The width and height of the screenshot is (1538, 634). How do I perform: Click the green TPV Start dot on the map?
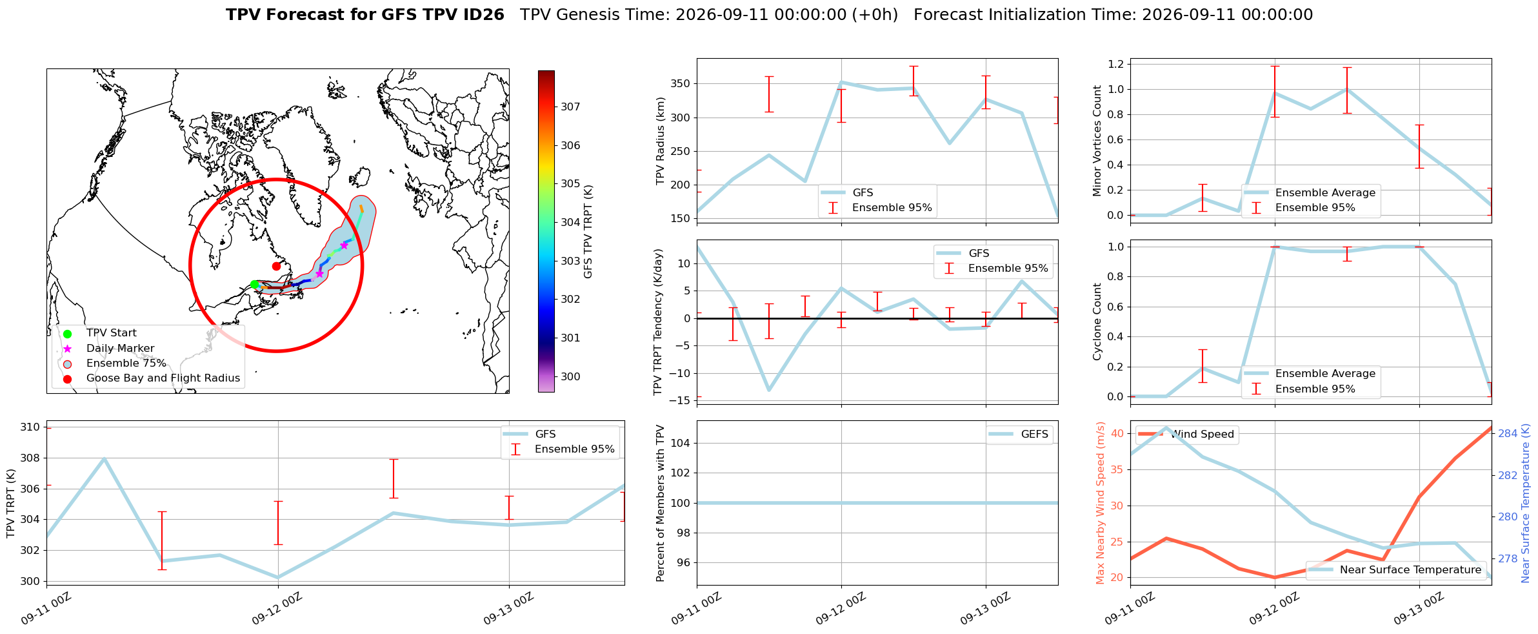coord(254,285)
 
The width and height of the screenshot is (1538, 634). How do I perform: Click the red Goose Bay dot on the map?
coord(276,266)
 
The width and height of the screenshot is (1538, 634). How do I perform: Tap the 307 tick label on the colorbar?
coord(570,107)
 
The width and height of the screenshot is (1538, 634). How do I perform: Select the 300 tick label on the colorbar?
coord(570,377)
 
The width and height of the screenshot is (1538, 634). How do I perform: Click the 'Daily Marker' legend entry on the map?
coord(120,349)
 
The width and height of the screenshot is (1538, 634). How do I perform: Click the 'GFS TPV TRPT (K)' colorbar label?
coord(588,232)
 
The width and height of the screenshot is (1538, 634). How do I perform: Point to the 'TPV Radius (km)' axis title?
coord(660,141)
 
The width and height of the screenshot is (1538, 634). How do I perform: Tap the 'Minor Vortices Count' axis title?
coord(1097,141)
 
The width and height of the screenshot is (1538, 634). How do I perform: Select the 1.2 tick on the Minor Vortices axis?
coord(1115,64)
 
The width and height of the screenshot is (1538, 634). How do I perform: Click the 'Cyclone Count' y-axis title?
coord(1097,322)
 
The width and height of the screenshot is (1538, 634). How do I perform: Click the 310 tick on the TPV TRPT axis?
coord(30,427)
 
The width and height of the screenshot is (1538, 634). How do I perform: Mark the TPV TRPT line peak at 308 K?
coord(104,458)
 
